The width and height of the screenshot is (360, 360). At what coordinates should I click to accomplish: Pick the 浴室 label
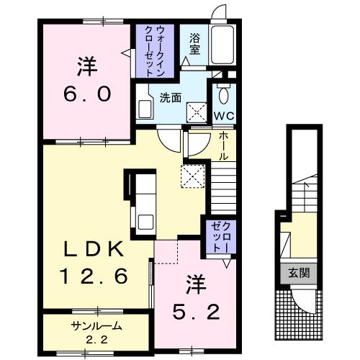[x=194, y=44]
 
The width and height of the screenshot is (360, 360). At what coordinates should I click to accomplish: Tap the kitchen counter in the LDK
[x=143, y=202]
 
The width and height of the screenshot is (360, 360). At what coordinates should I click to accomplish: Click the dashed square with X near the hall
[x=192, y=176]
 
